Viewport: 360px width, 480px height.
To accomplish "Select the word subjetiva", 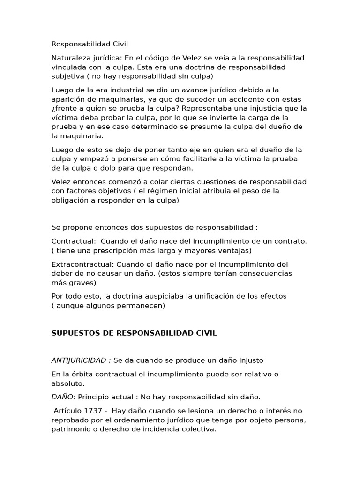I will pyautogui.click(x=67, y=76).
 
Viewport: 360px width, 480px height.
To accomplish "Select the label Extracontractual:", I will pyautogui.click(x=82, y=264).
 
